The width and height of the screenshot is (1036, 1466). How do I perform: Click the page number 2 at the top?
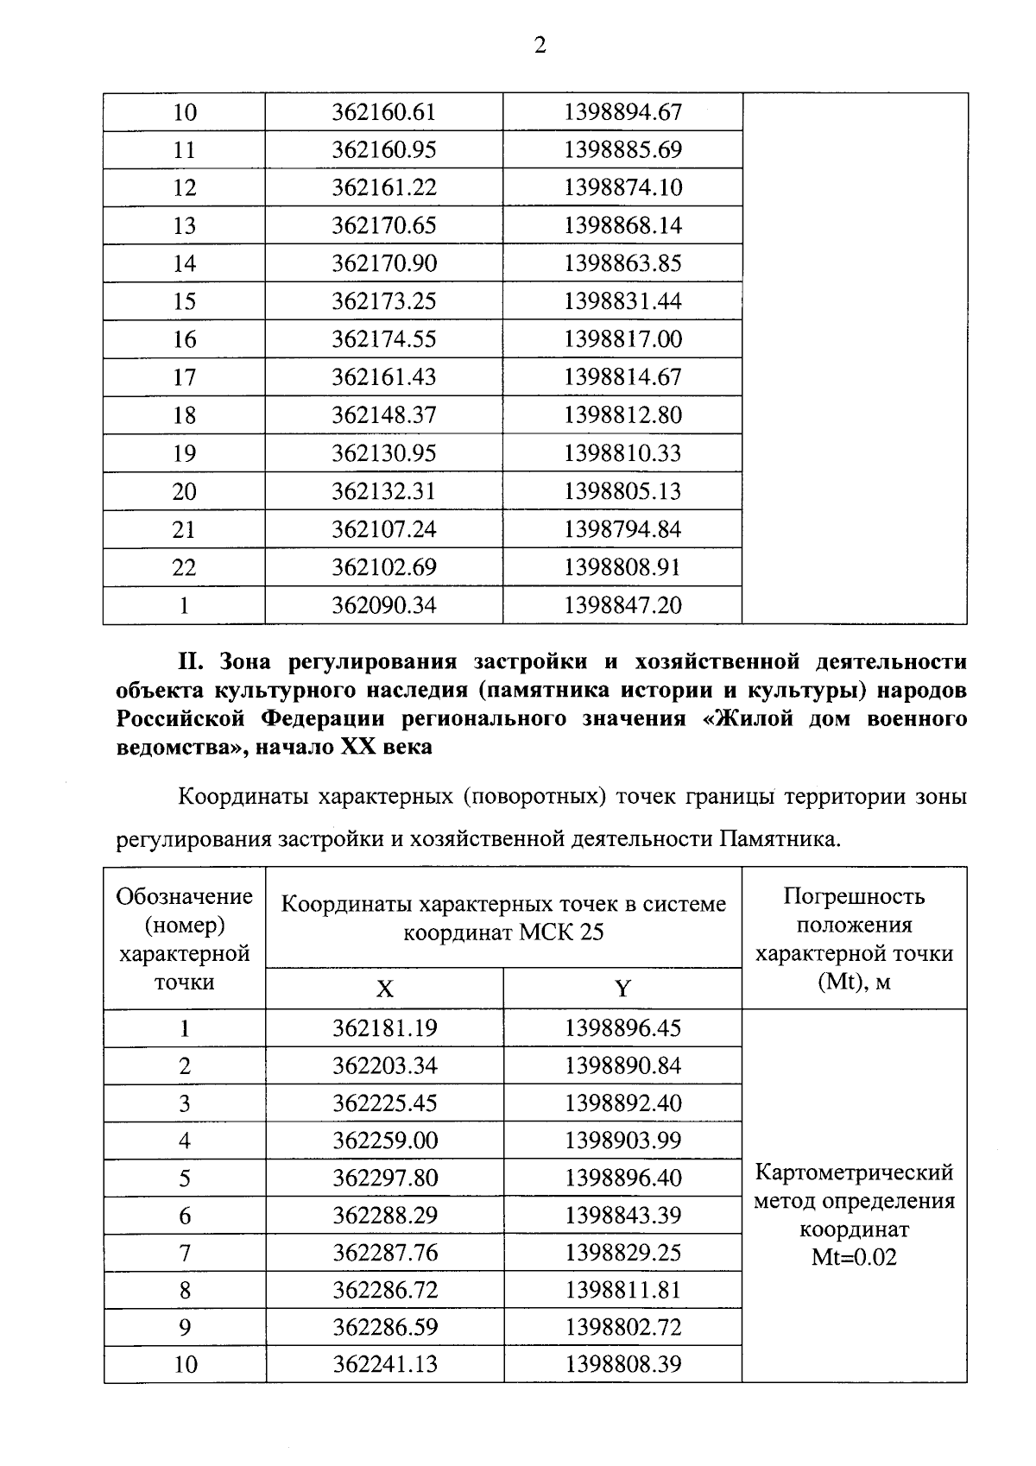540,47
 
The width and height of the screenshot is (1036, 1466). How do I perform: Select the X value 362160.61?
384,112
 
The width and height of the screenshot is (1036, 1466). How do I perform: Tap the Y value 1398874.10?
622,188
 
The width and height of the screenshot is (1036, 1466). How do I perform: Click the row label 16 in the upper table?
184,339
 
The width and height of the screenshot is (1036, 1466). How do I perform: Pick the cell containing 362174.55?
384,339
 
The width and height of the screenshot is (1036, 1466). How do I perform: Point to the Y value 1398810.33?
622,453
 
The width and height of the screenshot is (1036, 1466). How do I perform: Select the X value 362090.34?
384,605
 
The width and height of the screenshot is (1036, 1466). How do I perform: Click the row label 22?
184,567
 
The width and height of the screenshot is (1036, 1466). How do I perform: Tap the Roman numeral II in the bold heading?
189,662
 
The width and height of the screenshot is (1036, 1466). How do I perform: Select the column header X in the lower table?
384,989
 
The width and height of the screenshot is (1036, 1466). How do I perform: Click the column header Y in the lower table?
622,989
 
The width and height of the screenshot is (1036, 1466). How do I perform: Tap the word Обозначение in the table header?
184,896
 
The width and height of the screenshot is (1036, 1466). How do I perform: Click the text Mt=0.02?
854,1257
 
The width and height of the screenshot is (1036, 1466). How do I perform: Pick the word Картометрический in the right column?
854,1172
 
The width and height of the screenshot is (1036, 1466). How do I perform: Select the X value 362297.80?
384,1178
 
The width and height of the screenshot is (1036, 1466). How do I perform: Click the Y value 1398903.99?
622,1141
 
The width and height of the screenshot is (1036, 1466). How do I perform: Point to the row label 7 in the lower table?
184,1254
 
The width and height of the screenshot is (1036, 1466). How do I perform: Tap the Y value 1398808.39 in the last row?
622,1364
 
